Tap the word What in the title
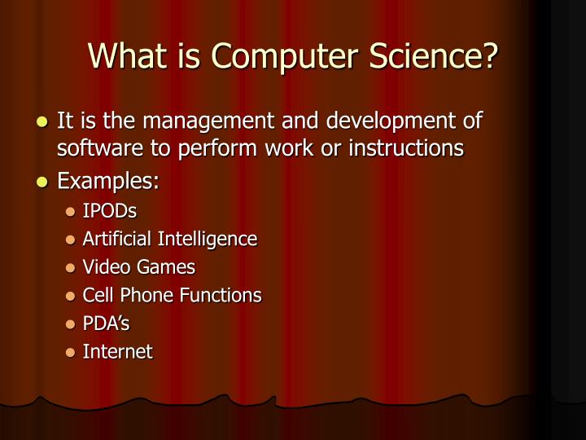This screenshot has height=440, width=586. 122,55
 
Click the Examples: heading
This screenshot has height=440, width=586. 107,181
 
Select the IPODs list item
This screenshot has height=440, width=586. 109,211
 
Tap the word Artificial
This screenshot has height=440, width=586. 117,239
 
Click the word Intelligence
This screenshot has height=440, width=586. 207,239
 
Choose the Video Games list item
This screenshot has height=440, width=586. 138,266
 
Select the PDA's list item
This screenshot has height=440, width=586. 106,323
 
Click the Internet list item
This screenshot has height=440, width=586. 117,351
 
